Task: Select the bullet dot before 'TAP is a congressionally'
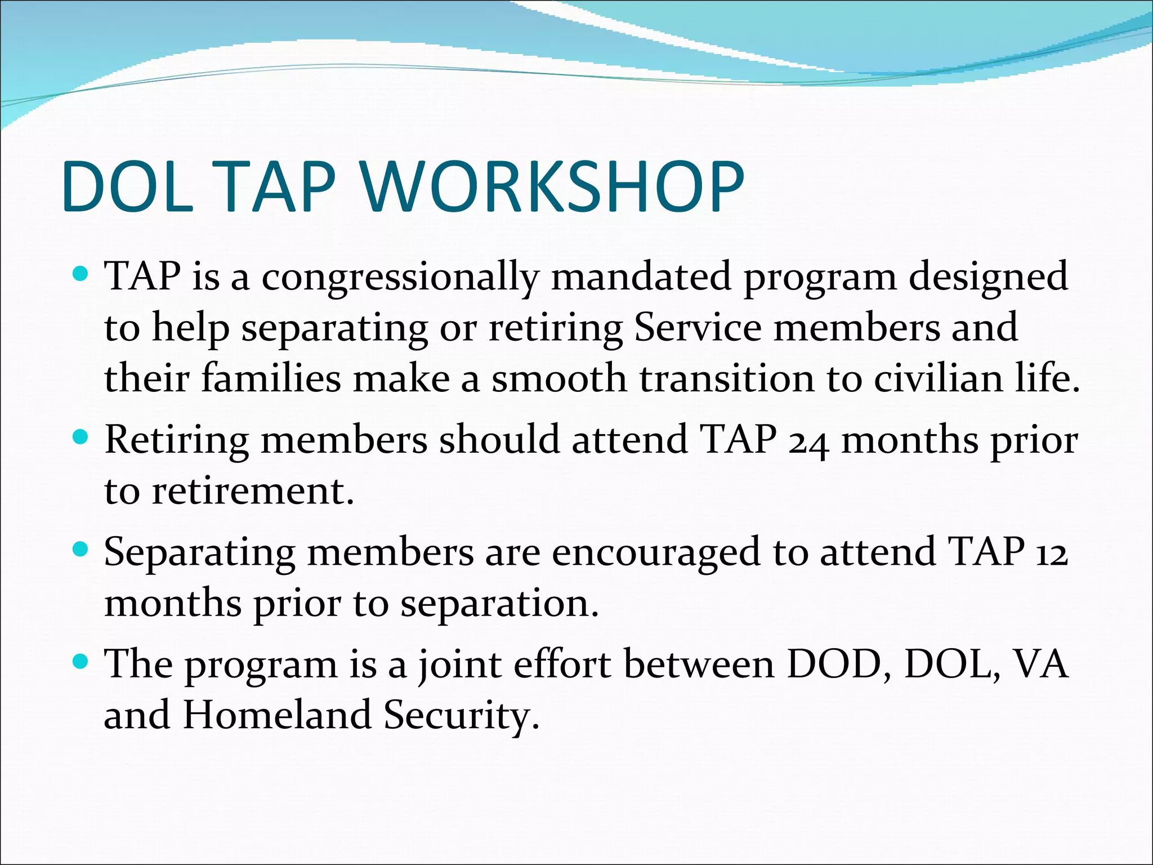(82, 275)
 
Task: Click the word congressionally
(400, 278)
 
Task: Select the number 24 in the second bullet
(808, 442)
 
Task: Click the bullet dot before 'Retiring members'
(82, 437)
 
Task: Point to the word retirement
(253, 491)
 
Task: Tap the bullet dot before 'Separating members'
(82, 549)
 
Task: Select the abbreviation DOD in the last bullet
(838, 665)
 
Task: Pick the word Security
(461, 716)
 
